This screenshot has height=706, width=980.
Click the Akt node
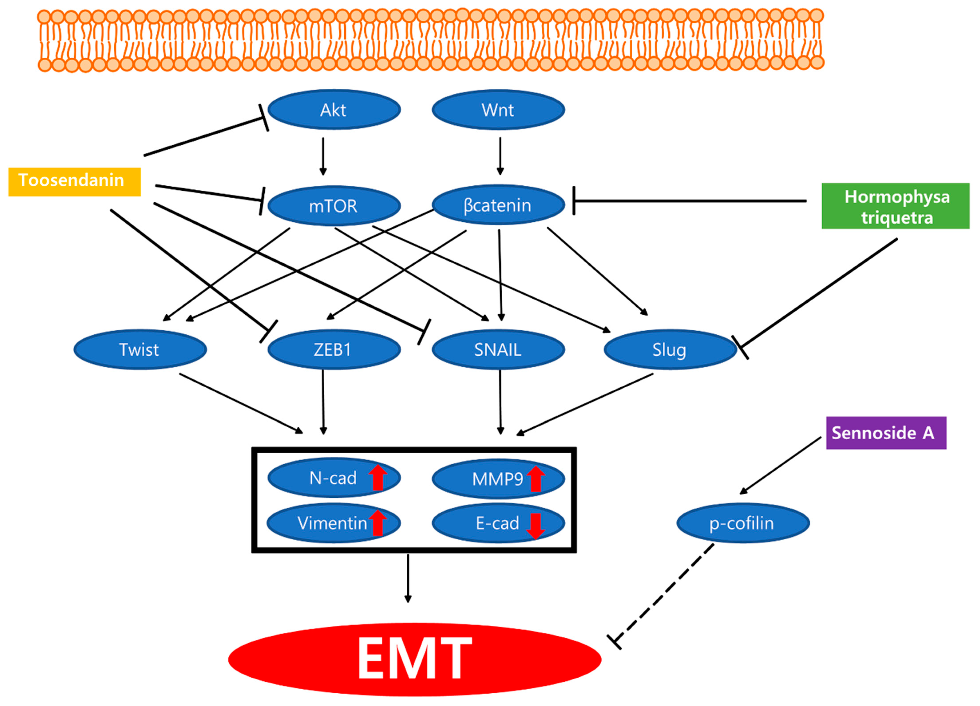pos(334,110)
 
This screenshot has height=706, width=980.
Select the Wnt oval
pos(498,110)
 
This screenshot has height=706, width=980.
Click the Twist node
pos(140,349)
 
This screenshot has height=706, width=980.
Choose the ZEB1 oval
pos(334,349)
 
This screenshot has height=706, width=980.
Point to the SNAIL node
pos(498,349)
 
